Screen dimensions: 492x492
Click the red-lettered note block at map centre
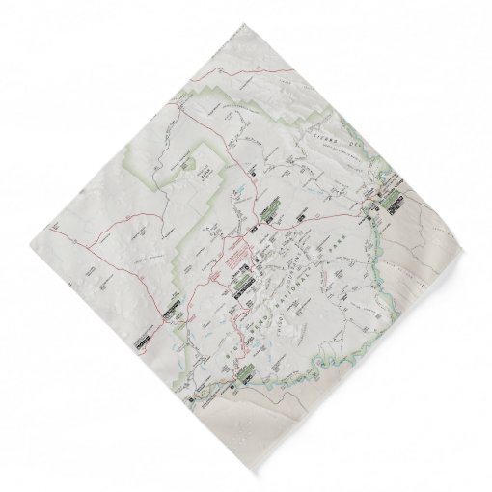(x=234, y=258)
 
